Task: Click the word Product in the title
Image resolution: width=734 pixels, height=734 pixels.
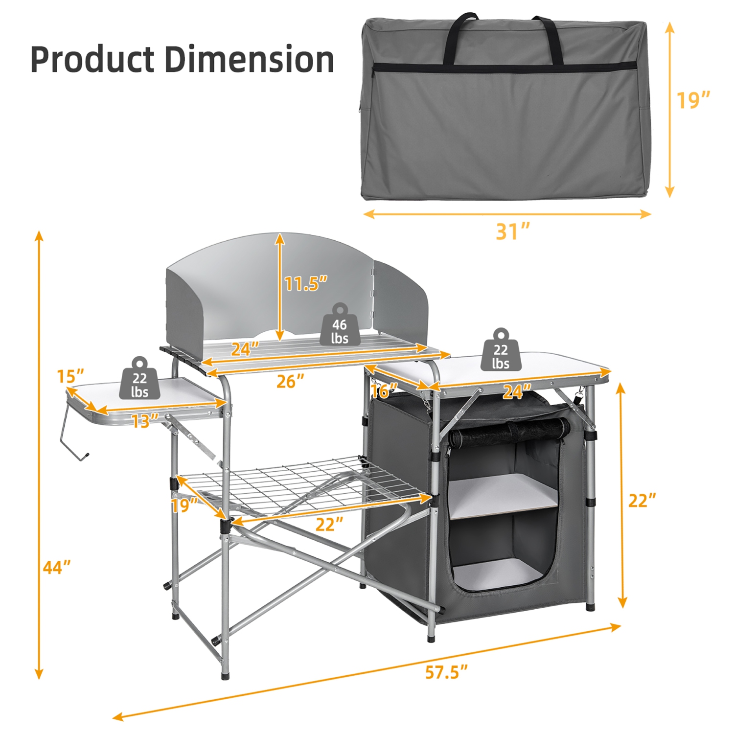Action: click(x=92, y=60)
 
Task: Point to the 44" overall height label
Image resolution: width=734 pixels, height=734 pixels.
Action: click(x=57, y=568)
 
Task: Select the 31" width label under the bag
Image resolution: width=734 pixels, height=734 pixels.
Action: click(x=512, y=231)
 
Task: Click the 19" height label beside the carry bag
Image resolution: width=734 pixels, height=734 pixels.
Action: click(x=692, y=100)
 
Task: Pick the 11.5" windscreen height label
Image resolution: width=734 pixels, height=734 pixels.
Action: click(x=305, y=283)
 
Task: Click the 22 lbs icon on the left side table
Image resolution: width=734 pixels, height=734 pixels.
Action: click(x=139, y=379)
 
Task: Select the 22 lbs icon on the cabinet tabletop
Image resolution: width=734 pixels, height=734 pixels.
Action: click(x=501, y=351)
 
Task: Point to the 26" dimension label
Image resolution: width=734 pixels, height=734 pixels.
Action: click(x=290, y=381)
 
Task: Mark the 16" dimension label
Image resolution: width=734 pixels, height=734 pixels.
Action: click(x=384, y=390)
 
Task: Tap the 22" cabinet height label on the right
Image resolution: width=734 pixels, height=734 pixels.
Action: click(x=642, y=501)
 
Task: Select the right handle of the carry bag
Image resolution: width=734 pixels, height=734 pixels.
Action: click(x=550, y=39)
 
